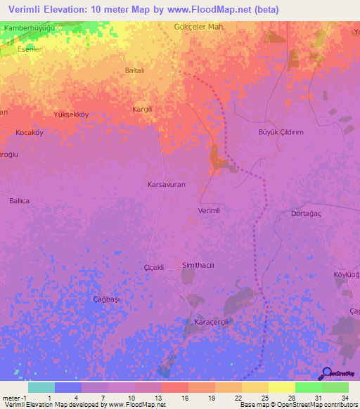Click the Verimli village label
point(210,211)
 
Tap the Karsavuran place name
point(166,183)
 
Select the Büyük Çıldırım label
point(281,131)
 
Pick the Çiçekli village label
point(153,268)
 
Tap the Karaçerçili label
point(212,323)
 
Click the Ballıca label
point(20,201)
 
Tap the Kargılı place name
point(143,110)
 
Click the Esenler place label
point(31,49)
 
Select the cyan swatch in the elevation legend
point(41,387)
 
